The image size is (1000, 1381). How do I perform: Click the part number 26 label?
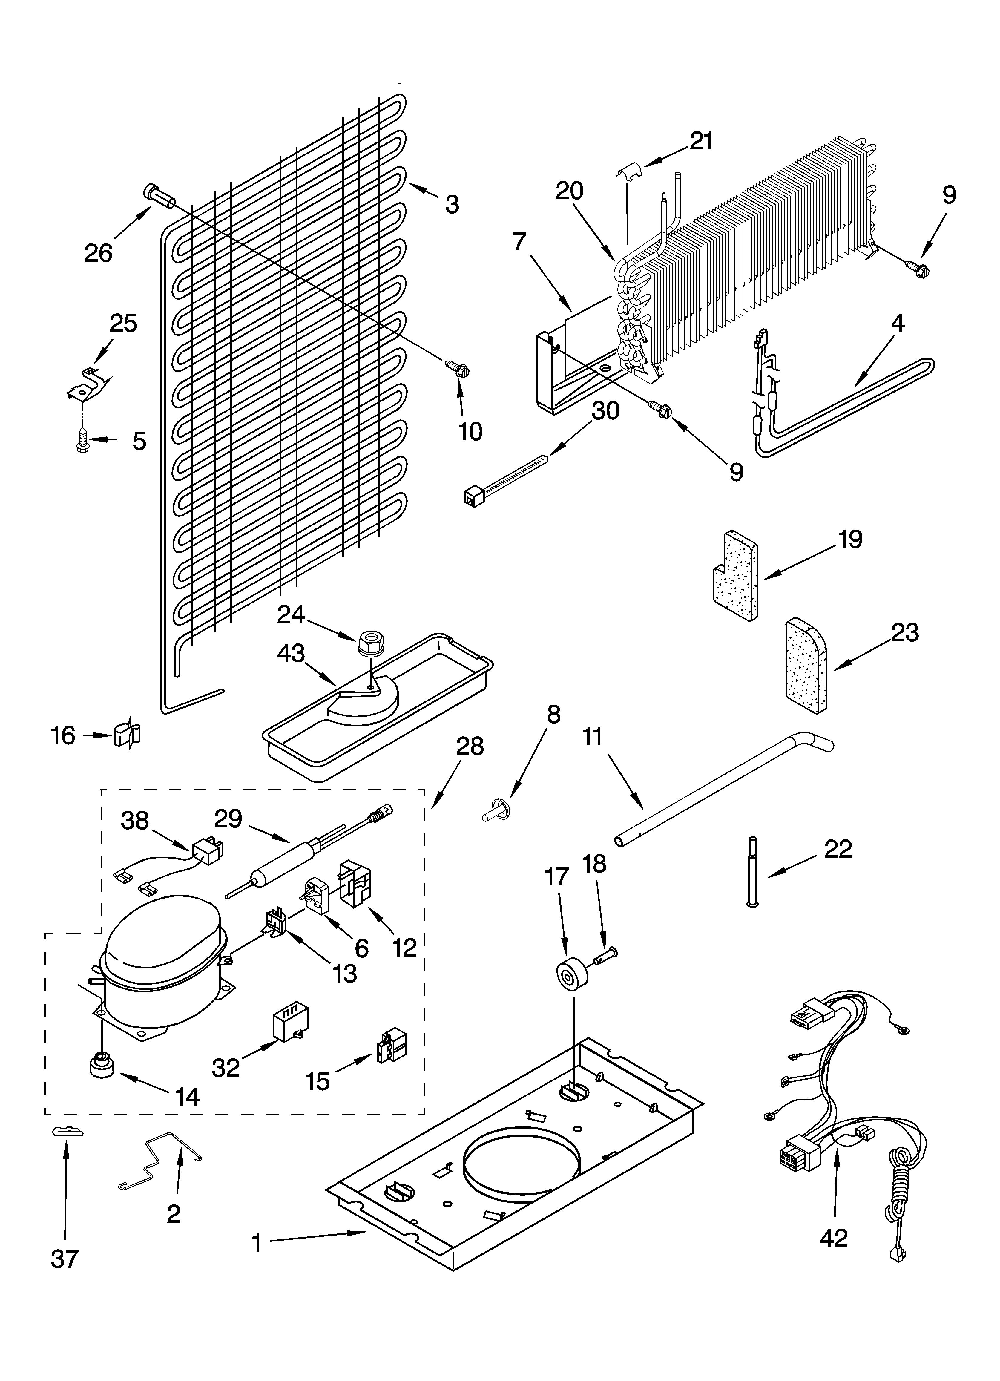point(99,252)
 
